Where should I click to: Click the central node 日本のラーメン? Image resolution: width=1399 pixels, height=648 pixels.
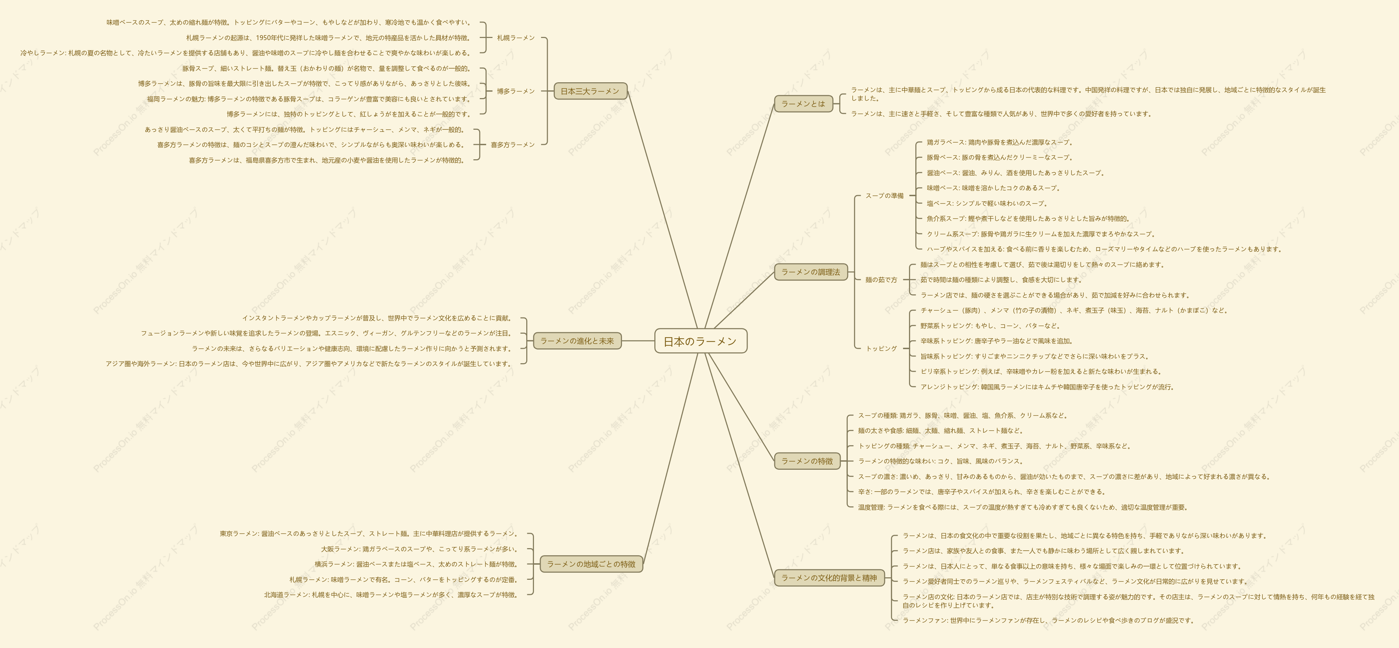point(701,341)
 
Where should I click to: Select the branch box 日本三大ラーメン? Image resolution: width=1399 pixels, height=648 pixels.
point(590,91)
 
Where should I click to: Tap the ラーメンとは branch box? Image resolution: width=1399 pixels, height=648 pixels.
point(803,104)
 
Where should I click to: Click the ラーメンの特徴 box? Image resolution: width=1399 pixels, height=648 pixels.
point(807,461)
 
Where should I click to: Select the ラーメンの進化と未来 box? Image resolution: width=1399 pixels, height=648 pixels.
point(577,341)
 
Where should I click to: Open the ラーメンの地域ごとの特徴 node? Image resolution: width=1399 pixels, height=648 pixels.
point(591,564)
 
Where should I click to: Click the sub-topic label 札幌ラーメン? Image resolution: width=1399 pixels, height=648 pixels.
point(516,38)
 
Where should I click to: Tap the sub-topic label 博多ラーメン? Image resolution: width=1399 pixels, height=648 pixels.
point(516,91)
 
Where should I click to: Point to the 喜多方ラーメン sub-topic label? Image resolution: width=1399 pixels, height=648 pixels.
point(513,145)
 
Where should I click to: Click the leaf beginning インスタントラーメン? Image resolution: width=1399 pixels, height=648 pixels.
point(376,318)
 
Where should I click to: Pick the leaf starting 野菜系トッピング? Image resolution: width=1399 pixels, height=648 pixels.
point(990,326)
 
